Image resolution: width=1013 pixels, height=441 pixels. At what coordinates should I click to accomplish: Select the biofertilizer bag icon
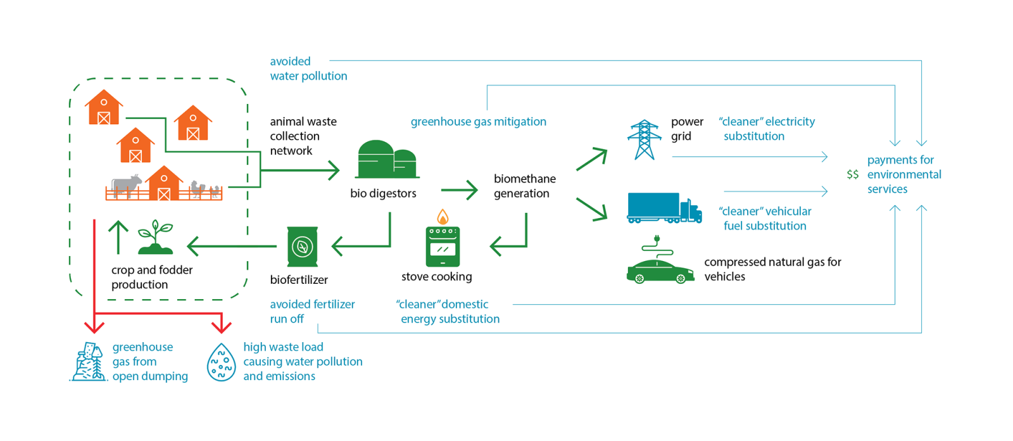(302, 246)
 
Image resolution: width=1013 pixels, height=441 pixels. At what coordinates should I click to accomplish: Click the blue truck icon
(664, 208)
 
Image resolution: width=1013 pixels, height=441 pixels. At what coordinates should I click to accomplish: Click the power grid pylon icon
(644, 139)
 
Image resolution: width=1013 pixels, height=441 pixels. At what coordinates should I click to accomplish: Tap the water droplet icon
(222, 362)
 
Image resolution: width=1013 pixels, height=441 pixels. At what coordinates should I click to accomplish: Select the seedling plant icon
(155, 237)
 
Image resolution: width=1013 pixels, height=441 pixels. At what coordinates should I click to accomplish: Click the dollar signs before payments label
(853, 174)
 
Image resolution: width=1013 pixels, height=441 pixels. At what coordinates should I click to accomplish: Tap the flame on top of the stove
(443, 217)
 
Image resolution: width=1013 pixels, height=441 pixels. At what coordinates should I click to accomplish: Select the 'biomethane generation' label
(524, 186)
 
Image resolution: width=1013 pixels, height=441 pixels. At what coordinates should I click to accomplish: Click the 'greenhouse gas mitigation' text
(478, 122)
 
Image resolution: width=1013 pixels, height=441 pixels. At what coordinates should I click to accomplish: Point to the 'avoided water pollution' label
(308, 68)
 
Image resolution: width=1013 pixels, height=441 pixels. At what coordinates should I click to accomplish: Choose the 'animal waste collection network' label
(303, 136)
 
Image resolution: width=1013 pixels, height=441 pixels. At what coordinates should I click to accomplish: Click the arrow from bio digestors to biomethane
(459, 189)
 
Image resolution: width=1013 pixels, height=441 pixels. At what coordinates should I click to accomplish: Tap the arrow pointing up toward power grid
(592, 159)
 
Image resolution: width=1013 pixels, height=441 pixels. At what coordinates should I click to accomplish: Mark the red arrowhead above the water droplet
(221, 325)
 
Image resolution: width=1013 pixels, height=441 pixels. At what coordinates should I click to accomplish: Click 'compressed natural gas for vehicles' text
(772, 269)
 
